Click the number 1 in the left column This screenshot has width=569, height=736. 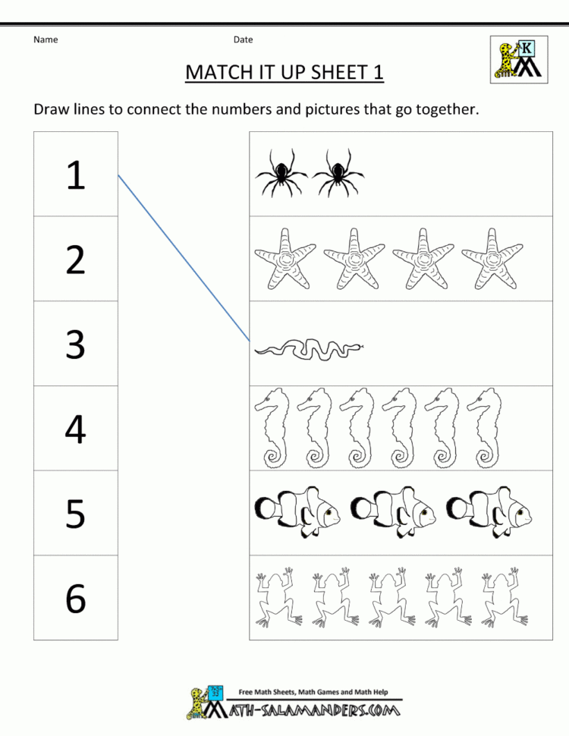[75, 175]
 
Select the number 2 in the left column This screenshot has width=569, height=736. [75, 260]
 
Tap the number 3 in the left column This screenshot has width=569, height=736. [75, 345]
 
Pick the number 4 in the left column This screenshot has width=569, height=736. [75, 429]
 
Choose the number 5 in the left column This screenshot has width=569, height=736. [75, 514]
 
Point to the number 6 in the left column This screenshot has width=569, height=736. [75, 599]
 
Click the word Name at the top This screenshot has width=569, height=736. [46, 39]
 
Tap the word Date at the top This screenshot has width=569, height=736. [243, 39]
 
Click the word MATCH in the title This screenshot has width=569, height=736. [219, 72]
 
